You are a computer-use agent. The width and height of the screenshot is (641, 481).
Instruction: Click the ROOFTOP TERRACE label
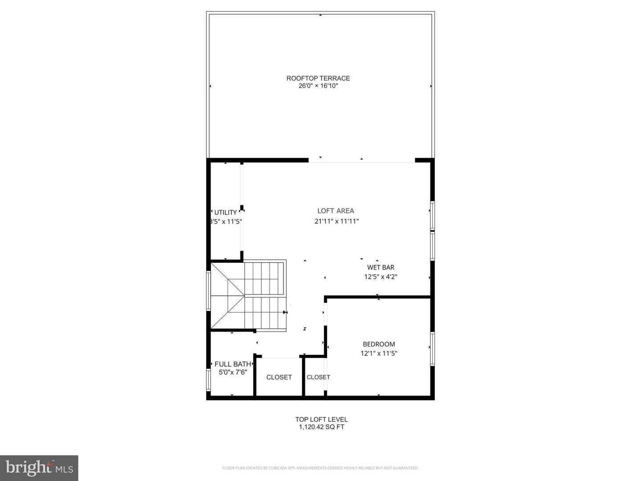(318, 78)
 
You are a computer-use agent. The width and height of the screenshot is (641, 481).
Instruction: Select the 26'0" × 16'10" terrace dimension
(318, 86)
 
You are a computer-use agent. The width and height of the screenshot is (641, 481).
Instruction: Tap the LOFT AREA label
(336, 211)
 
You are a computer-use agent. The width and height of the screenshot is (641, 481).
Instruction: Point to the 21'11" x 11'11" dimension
(337, 221)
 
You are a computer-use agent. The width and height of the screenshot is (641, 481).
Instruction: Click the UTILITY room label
(225, 212)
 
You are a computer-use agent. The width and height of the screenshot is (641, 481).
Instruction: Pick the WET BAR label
(381, 268)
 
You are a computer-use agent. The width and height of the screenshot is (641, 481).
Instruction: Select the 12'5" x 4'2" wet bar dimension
(381, 277)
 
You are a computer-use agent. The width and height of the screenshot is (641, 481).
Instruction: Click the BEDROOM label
(379, 344)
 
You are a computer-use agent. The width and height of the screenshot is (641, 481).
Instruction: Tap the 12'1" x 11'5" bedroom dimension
(379, 354)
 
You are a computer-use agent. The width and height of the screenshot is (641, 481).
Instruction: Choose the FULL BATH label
(232, 364)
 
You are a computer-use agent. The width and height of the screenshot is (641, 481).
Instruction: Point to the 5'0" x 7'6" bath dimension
(232, 372)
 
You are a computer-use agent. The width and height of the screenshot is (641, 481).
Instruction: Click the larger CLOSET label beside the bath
(279, 377)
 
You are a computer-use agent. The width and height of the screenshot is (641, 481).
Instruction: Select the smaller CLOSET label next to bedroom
(318, 377)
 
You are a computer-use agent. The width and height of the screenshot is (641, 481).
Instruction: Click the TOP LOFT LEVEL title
(321, 420)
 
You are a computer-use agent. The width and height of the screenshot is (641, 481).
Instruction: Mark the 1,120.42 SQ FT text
(321, 427)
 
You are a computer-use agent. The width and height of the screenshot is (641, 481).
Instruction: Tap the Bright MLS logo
(39, 468)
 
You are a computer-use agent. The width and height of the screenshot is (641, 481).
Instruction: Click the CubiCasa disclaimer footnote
(320, 468)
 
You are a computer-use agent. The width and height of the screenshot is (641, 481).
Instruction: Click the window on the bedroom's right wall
(432, 349)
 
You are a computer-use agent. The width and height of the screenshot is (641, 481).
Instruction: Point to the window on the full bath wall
(208, 380)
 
